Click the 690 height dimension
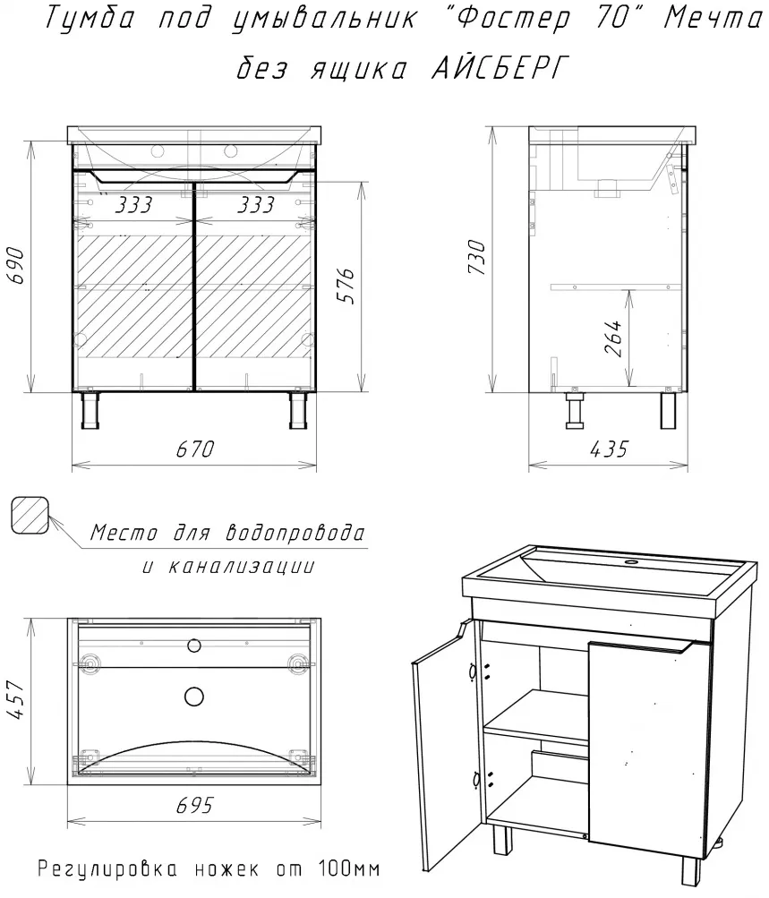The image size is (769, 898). click(x=15, y=266)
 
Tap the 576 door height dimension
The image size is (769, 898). click(x=346, y=286)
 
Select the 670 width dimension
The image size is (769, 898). click(x=194, y=449)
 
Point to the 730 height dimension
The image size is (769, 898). click(x=476, y=257)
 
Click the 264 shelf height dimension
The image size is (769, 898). click(x=612, y=338)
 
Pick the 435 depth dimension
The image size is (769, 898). click(x=609, y=449)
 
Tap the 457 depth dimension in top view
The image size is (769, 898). click(x=15, y=700)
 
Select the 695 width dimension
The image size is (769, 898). click(x=194, y=805)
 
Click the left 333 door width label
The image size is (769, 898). click(x=133, y=204)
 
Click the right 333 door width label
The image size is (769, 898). click(x=255, y=204)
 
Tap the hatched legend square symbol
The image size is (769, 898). click(x=30, y=516)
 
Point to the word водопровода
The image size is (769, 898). click(x=295, y=534)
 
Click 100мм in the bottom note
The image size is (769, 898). click(x=348, y=869)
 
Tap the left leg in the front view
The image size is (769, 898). click(x=90, y=410)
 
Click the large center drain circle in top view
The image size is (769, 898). click(x=194, y=696)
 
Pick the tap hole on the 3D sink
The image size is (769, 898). click(x=632, y=562)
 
